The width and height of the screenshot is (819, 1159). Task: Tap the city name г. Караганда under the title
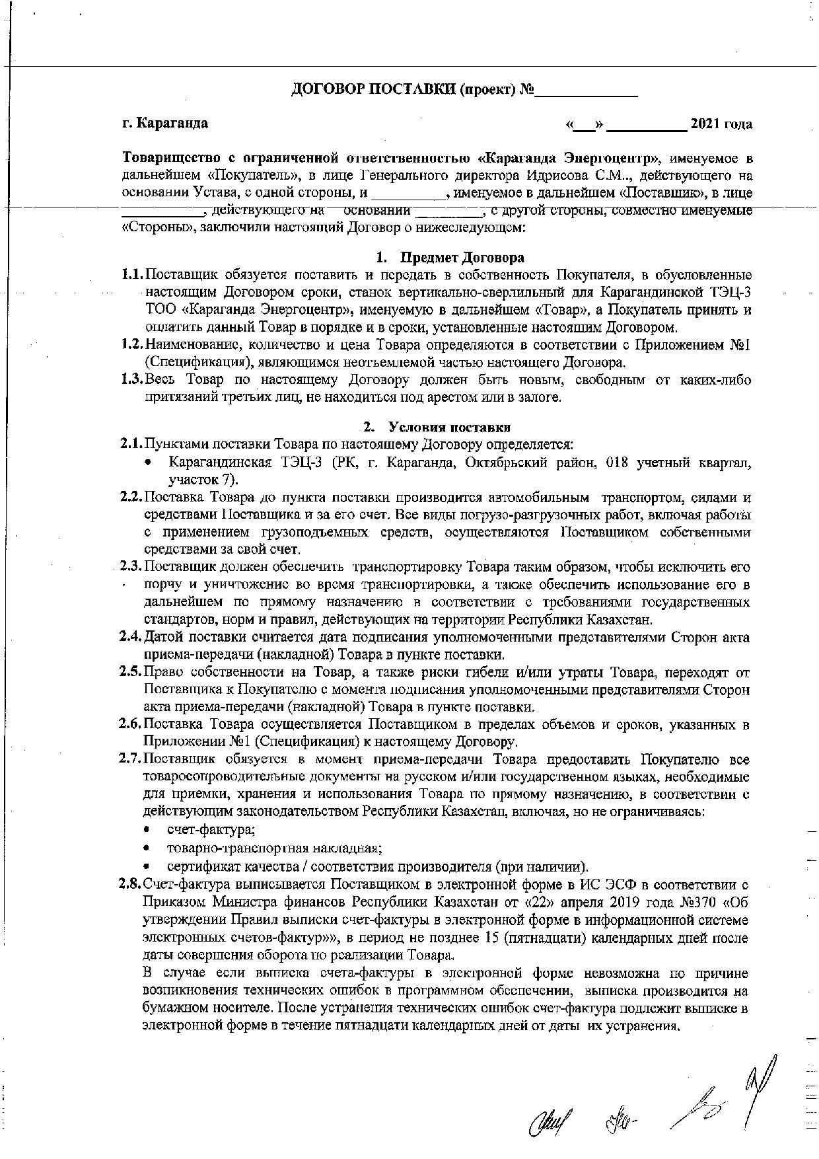(166, 124)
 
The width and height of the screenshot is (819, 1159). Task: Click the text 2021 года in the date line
(721, 124)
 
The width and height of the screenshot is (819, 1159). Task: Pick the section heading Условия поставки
(449, 427)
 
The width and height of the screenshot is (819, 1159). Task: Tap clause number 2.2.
(131, 497)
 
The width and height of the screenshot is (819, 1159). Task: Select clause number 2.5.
(131, 673)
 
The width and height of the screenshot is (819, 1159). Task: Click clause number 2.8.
(131, 884)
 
